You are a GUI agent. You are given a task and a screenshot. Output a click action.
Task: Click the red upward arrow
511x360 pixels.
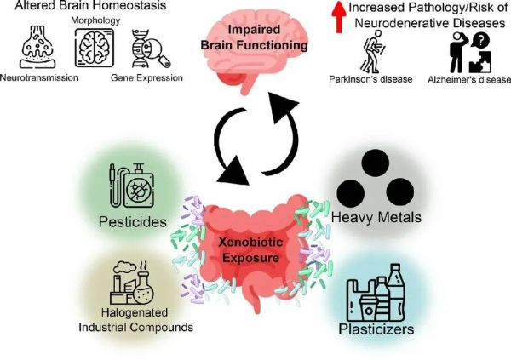pos(339,17)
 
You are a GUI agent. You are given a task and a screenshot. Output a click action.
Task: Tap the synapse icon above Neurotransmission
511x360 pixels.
pos(37,48)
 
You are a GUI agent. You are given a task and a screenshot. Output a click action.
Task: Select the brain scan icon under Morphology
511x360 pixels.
pos(95,48)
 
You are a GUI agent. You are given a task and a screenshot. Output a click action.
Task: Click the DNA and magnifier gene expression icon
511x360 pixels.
pos(151,49)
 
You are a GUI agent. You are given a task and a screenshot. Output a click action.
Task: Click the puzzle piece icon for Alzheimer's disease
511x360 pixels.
pos(480,62)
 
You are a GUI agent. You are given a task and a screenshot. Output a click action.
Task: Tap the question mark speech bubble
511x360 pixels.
pos(479,41)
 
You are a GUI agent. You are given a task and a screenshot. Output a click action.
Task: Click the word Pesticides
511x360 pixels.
pos(133,222)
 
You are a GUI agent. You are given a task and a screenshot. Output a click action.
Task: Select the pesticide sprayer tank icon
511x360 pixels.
pos(131,186)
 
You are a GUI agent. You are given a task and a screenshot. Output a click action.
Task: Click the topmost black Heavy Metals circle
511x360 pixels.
pos(375,163)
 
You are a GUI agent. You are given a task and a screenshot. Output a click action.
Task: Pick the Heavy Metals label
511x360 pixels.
pos(376,217)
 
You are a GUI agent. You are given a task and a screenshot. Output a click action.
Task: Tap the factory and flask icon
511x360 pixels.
pos(132,283)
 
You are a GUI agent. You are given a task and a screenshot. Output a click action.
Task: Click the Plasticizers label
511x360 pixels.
pos(376,329)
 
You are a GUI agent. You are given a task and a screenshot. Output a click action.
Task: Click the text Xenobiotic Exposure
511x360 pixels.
pos(250,250)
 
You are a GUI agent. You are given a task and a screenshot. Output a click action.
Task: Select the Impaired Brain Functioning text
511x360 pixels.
pos(254,37)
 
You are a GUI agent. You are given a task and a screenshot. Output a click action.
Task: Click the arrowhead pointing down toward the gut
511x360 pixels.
pos(234,171)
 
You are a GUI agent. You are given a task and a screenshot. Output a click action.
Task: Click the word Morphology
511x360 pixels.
pos(95,20)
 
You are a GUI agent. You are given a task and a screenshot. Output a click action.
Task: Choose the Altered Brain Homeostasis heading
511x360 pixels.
pos(90,5)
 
